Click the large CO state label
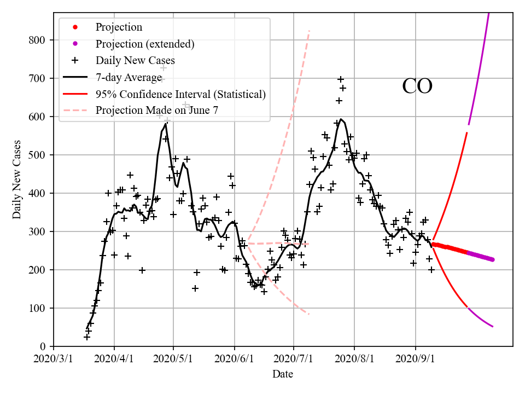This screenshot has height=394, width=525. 417,86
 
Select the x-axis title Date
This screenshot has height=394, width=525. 283,374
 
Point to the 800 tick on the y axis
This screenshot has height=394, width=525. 40,40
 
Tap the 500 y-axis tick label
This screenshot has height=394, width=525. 40,155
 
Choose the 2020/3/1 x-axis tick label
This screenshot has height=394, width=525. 54,359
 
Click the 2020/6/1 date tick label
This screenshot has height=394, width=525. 235,359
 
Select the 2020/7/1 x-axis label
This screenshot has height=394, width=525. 294,359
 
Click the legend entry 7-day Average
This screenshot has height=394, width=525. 129,77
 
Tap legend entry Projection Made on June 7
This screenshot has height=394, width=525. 157,110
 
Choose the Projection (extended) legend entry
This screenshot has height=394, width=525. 145,44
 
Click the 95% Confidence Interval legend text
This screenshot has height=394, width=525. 180,94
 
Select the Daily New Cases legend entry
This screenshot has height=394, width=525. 135,60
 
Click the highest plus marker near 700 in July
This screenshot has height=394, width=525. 341,79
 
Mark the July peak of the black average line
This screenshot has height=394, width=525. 341,119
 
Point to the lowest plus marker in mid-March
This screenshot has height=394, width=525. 87,337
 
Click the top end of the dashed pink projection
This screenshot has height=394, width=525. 310,31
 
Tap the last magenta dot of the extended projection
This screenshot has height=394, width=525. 492,259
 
